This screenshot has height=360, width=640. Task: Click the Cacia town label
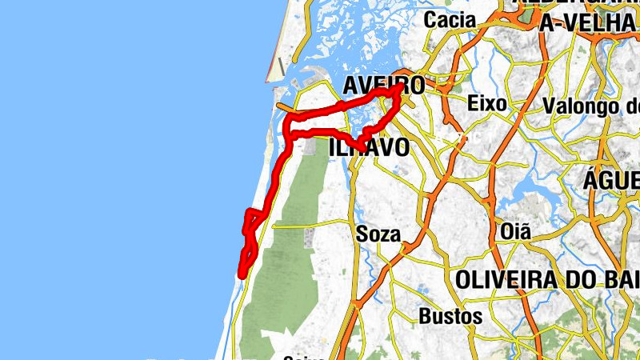point(450,20)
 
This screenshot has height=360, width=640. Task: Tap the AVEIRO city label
point(384,86)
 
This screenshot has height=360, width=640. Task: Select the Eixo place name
point(486,104)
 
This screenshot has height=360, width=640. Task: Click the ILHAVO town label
point(369,147)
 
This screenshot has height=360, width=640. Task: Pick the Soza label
point(377,235)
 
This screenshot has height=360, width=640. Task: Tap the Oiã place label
point(514,232)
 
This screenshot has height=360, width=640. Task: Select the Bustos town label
point(450,316)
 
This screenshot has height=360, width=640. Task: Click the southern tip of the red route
point(240,276)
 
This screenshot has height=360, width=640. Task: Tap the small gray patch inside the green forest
point(310,237)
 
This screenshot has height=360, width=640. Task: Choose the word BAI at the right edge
point(625,281)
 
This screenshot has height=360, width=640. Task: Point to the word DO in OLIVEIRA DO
point(590,281)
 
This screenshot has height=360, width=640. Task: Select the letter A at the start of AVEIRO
point(351,86)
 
